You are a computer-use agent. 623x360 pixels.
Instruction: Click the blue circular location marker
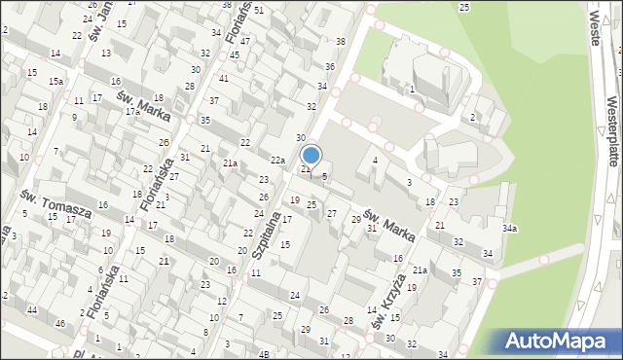(x=311, y=155)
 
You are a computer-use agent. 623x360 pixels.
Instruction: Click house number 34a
(x=509, y=229)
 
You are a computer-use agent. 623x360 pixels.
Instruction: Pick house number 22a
(x=278, y=160)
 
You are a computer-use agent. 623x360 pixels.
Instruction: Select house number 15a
(x=56, y=81)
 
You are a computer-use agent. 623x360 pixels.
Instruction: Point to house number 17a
(x=133, y=112)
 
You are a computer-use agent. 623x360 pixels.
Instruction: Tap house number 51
(x=258, y=11)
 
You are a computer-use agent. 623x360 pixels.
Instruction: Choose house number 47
(x=246, y=42)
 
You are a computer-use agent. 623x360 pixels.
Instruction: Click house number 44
(x=31, y=309)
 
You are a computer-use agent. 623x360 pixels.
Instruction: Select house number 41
(x=224, y=79)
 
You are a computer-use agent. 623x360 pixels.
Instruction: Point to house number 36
(x=330, y=66)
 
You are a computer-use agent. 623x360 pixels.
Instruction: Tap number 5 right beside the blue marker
(x=324, y=176)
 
